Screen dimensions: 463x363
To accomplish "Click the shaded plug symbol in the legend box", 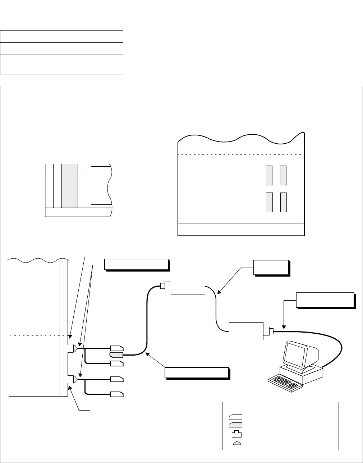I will click(235, 425).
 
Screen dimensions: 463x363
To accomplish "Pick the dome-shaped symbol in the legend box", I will click(237, 443).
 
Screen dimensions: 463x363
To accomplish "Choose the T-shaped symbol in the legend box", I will click(236, 434).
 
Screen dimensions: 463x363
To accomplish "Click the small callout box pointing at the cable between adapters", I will click(271, 268).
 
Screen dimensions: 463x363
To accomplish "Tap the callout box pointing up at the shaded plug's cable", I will click(196, 373).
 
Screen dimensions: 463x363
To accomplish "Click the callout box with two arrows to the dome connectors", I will click(136, 264).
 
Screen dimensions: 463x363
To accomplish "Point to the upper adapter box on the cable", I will click(187, 286).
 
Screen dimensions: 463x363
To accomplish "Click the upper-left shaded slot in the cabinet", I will click(269, 175).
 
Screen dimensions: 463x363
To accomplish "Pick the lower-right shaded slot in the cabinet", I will click(284, 202).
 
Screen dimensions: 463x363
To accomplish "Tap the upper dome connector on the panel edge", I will click(74, 348).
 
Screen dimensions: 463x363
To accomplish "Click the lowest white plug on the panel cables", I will click(116, 394).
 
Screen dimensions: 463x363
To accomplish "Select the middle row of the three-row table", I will click(61, 48).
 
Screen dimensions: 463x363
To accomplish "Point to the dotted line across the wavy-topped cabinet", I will click(241, 155).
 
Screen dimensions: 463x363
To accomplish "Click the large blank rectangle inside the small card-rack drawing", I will click(101, 185).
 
